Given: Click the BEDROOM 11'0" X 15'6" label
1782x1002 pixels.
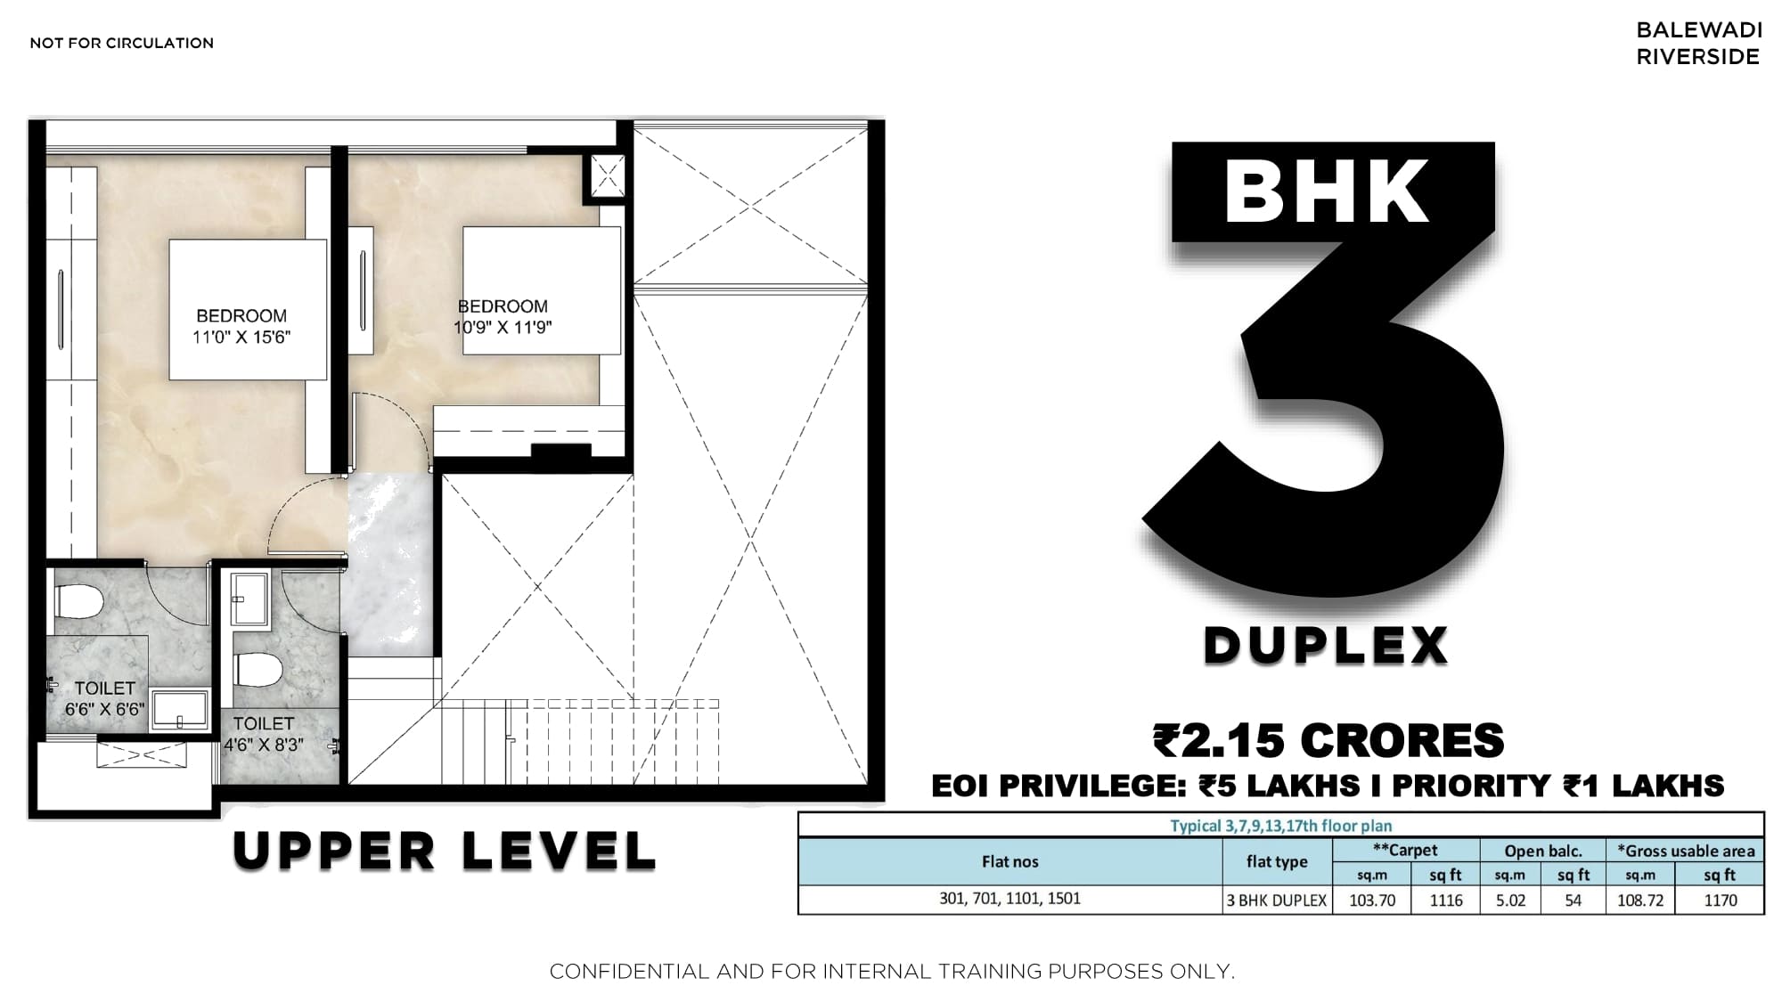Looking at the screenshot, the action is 241,326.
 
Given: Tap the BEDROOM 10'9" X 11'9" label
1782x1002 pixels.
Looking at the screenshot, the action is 503,316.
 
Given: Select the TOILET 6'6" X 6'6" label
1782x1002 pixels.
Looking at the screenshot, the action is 104,698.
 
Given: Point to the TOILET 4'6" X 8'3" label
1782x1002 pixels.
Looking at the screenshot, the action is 264,734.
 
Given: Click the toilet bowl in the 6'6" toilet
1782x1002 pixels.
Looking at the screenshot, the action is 79,601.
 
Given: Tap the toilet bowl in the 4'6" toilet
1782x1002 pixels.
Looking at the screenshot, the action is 258,670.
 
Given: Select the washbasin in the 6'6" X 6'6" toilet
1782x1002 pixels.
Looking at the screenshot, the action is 181,710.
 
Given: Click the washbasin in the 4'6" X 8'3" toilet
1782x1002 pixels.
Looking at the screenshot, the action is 249,599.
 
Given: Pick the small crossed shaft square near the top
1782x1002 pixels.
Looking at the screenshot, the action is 608,175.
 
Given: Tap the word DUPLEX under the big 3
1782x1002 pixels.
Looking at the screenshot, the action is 1326,646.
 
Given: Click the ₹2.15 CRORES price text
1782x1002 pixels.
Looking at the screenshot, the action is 1328,740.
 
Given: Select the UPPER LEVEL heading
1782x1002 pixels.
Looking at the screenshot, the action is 445,851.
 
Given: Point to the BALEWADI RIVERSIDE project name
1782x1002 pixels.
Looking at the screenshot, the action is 1699,43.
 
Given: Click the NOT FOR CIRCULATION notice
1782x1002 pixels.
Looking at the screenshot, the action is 122,43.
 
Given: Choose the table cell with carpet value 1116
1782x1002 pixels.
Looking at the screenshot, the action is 1446,900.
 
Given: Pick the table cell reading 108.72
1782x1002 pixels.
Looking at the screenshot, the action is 1640,900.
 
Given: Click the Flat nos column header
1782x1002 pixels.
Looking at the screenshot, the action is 1010,861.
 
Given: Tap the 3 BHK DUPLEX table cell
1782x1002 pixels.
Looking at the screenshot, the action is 1277,900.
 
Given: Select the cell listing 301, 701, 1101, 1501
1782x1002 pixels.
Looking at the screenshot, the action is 1010,899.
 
